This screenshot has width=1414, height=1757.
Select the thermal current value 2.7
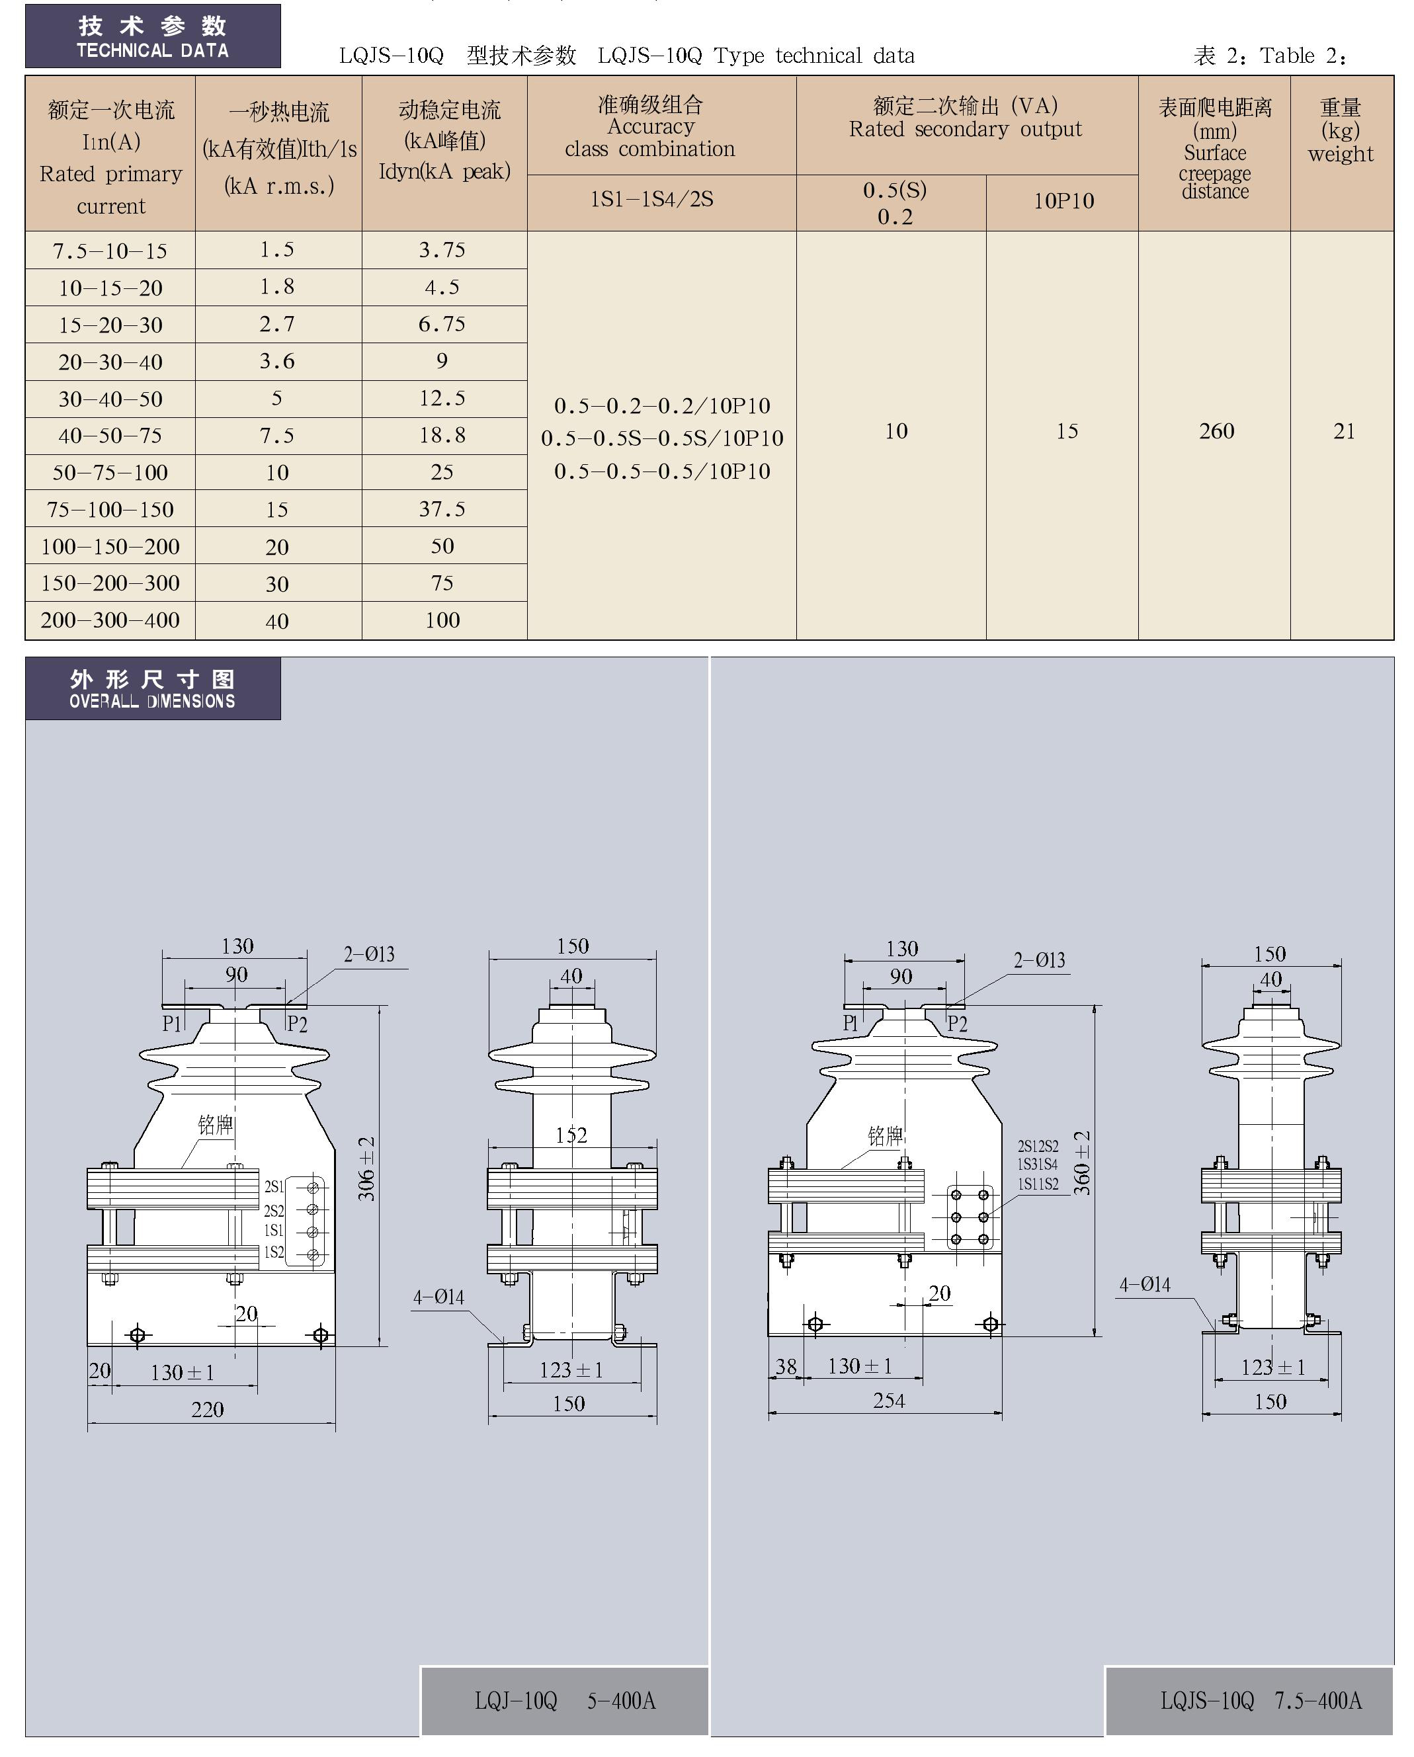[x=277, y=324]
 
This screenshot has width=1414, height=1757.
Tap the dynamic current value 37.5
[x=442, y=509]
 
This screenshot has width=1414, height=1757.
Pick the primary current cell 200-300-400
[x=110, y=620]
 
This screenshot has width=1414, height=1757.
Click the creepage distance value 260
[x=1217, y=431]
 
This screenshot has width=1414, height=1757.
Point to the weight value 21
[x=1344, y=431]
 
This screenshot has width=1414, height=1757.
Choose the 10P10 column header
[x=1063, y=200]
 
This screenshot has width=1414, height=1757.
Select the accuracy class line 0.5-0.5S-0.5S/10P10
[x=663, y=438]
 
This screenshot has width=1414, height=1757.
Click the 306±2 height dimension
[x=367, y=1168]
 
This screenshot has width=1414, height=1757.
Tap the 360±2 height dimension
[x=1081, y=1163]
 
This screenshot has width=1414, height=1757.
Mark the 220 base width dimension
[x=207, y=1409]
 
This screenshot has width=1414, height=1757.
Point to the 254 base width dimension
[x=888, y=1400]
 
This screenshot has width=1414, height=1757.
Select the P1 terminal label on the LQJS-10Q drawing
[x=851, y=1023]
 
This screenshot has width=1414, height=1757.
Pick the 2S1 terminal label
[x=274, y=1186]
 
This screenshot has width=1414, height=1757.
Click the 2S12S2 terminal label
[x=1038, y=1146]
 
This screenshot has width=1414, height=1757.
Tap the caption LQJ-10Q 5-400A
[x=565, y=1701]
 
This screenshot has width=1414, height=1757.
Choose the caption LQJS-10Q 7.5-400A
[x=1261, y=1700]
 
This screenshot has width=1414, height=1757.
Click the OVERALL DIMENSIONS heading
[x=152, y=701]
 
